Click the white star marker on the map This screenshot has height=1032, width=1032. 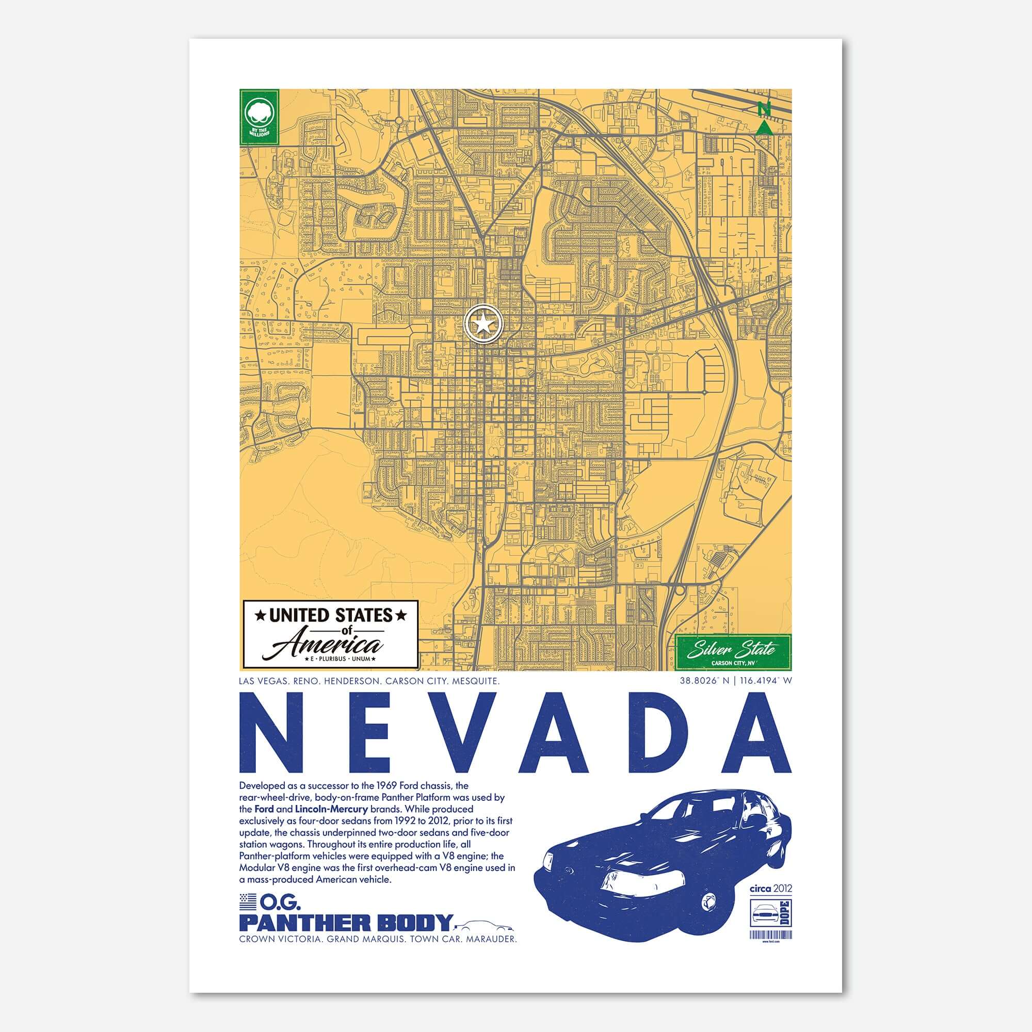(484, 322)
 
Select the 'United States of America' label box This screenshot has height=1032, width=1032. (330, 634)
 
